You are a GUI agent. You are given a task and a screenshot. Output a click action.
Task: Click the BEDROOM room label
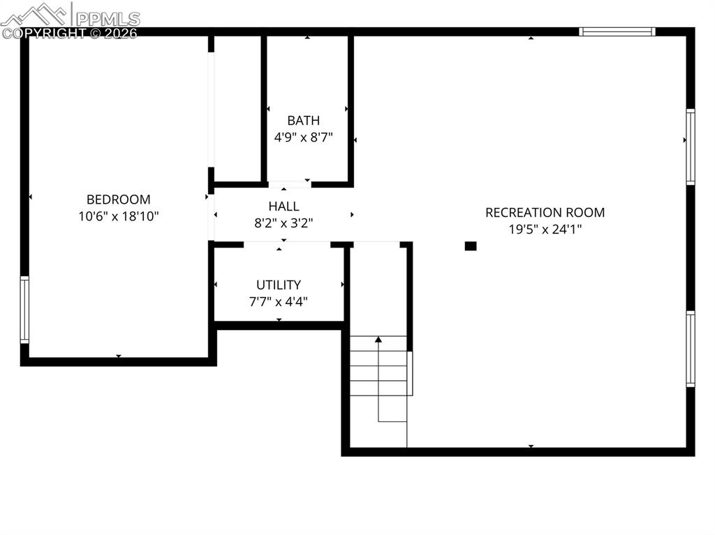(119, 199)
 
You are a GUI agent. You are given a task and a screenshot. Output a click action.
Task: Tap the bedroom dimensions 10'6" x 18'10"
(119, 216)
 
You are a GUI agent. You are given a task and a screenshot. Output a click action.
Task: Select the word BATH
(303, 120)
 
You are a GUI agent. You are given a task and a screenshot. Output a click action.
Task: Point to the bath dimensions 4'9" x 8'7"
(303, 137)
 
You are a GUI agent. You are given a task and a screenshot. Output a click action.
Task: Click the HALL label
(283, 206)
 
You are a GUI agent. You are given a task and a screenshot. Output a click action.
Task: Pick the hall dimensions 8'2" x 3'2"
(283, 223)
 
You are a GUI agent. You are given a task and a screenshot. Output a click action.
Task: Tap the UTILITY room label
(279, 285)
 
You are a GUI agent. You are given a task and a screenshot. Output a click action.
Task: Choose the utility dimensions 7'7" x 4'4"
(279, 301)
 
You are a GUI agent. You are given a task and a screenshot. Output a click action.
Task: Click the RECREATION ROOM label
(545, 212)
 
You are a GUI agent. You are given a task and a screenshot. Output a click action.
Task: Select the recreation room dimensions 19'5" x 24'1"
(545, 229)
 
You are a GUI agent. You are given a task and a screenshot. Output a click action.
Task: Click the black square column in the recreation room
(471, 246)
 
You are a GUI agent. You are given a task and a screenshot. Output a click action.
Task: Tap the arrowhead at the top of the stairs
(378, 340)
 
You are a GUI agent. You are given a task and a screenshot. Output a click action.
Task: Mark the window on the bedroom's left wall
(24, 310)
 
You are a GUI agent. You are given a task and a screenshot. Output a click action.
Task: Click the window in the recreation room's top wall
(617, 31)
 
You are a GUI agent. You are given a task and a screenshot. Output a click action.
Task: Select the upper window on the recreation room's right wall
(691, 146)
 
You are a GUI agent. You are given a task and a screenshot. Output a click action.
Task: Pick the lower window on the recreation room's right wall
(691, 349)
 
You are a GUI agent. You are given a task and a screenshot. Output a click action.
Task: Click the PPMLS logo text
(108, 19)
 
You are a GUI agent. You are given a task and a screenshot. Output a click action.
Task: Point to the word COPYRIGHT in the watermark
(43, 33)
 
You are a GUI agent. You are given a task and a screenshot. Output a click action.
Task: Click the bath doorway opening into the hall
(290, 184)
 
